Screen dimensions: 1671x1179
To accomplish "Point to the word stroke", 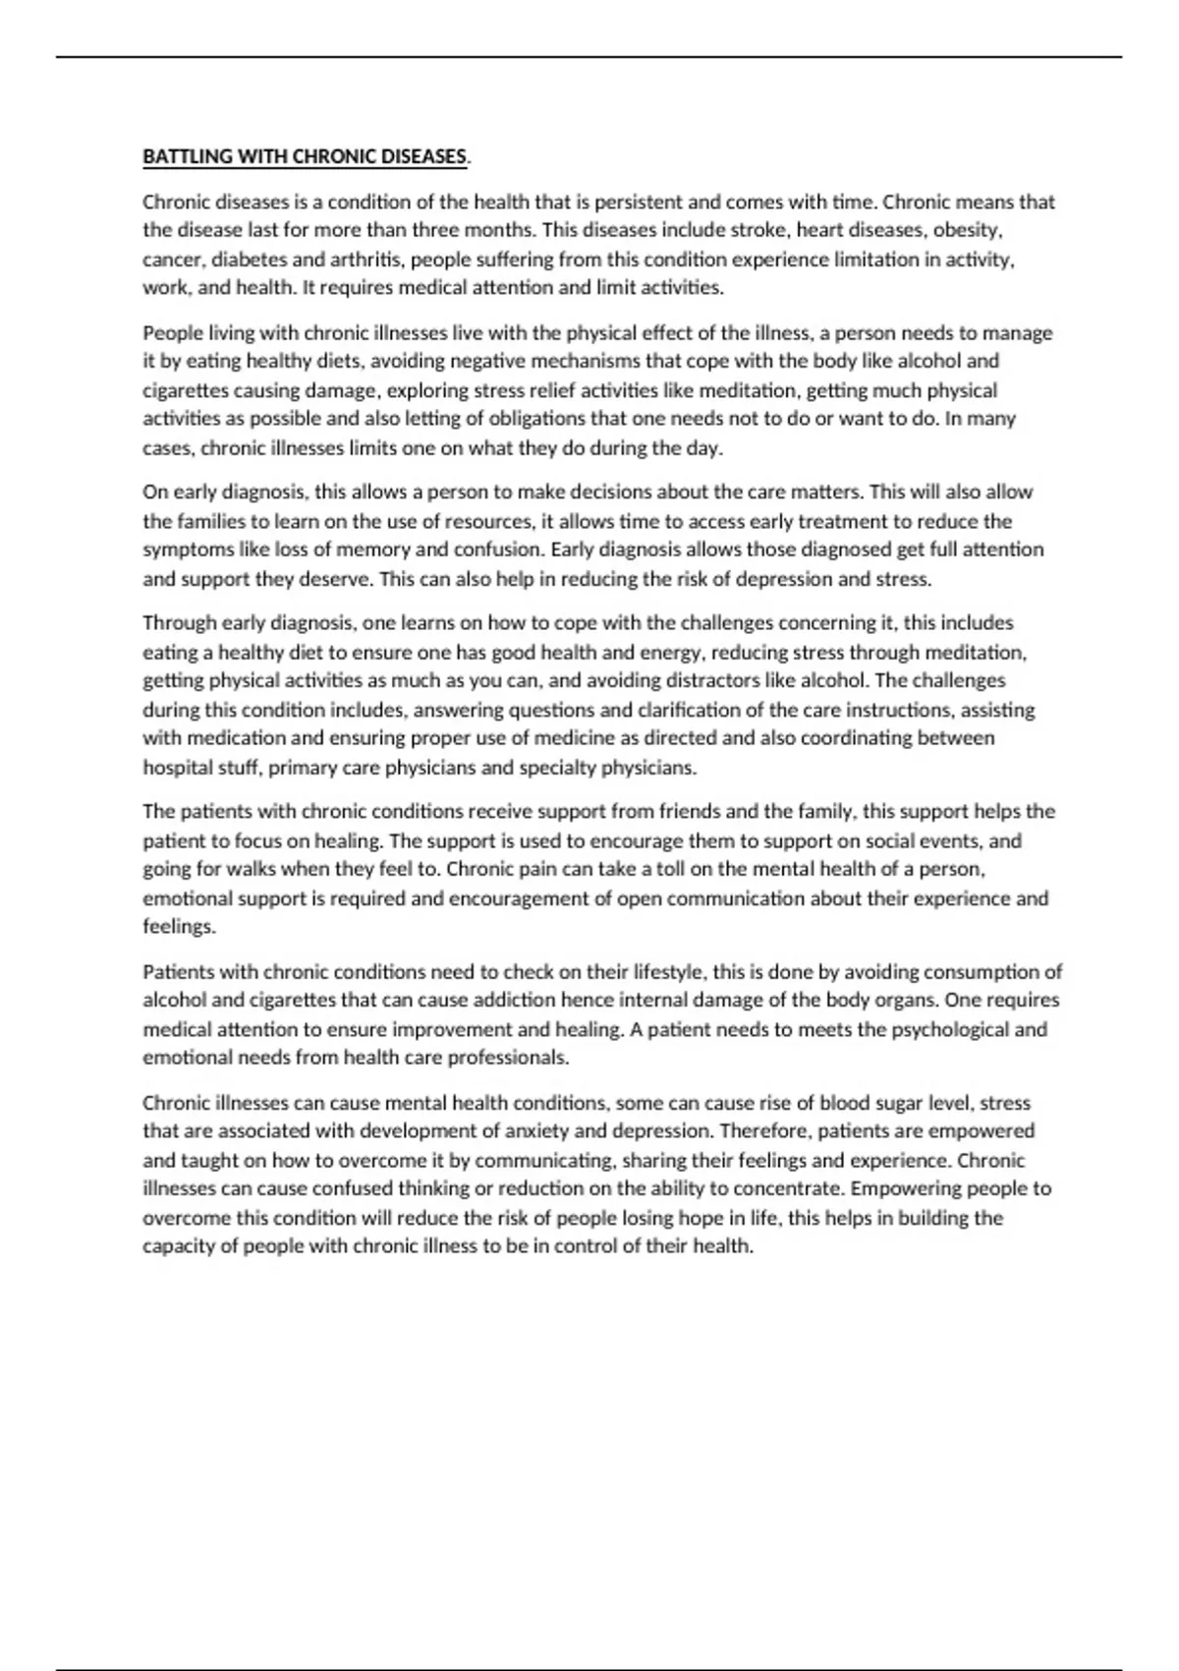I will tap(758, 230).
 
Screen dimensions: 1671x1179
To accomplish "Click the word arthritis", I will tap(360, 259).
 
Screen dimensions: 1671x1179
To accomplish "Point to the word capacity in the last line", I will tap(176, 1246).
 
